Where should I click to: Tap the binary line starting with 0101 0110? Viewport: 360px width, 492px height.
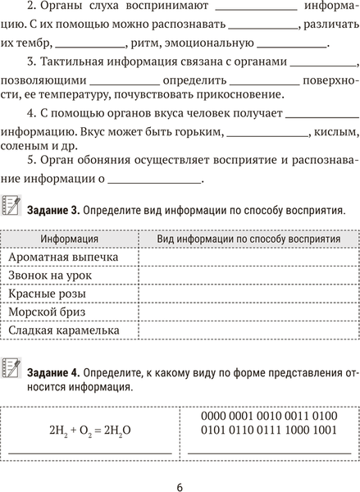coord(268,429)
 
